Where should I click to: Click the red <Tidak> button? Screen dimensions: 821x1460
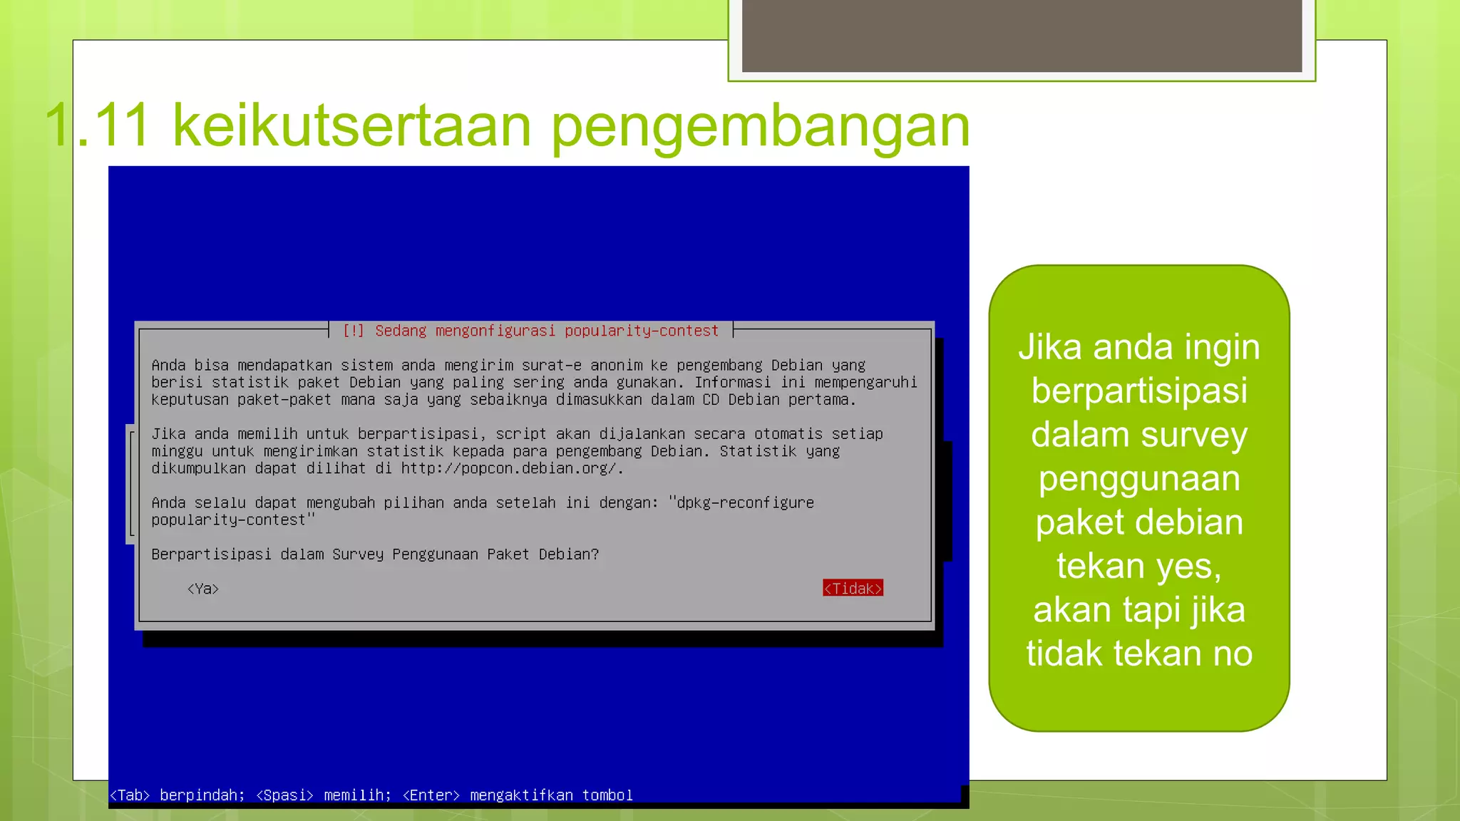coord(853,588)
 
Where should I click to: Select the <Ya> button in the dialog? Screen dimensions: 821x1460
coord(203,589)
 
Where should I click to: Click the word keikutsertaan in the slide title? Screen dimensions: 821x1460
coord(351,125)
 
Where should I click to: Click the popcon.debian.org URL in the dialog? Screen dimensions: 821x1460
coord(511,468)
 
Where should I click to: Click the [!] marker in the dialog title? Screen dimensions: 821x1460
coord(354,331)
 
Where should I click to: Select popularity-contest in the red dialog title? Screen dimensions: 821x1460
coord(642,331)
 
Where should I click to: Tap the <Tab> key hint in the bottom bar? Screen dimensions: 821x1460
coord(130,795)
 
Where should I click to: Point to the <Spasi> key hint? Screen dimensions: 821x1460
coord(284,795)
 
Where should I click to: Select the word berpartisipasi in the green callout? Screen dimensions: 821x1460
coord(1139,391)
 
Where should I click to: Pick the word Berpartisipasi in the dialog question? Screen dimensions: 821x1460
coord(211,554)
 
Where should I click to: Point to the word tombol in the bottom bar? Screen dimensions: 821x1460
coord(607,795)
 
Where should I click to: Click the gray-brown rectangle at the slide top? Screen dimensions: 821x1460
coord(1022,36)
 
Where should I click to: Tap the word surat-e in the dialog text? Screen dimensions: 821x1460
coord(551,365)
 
